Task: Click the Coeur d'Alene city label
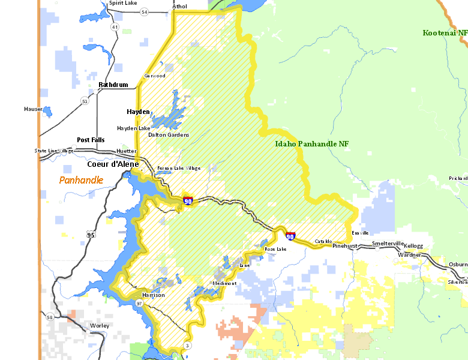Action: tap(113, 164)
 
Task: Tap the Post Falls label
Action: tap(91, 140)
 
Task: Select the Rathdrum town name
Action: tap(113, 85)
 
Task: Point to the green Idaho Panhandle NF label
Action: tap(311, 144)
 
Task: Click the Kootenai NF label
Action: tap(444, 33)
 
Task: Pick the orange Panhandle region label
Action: tap(81, 180)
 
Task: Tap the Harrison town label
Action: tap(154, 295)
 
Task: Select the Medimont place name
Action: tap(224, 283)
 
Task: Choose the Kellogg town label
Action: tap(413, 246)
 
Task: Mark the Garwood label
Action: tap(155, 76)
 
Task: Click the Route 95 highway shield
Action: tap(91, 234)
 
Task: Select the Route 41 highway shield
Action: tap(114, 27)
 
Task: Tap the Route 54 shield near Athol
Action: tap(144, 12)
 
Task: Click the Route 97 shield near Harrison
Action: tap(139, 304)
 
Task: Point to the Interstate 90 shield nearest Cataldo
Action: tap(290, 236)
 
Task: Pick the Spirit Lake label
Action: tap(123, 4)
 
